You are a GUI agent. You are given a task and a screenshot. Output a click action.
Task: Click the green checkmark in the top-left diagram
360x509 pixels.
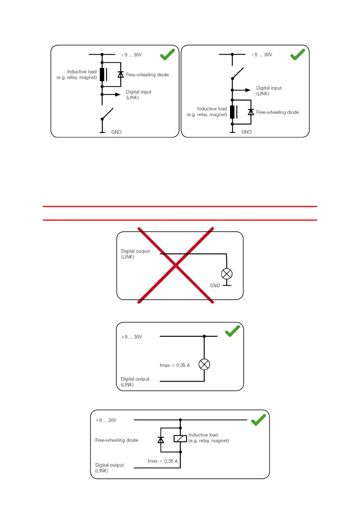(167, 55)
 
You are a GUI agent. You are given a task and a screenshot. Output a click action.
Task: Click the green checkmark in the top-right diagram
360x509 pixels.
(298, 55)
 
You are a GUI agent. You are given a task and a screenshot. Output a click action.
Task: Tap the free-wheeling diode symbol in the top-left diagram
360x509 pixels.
(121, 74)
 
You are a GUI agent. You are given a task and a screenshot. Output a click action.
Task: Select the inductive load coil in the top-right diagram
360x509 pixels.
(232, 112)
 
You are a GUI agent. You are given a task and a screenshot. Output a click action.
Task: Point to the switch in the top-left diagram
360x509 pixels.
(107, 114)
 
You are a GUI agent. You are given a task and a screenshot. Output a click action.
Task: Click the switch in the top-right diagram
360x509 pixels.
(238, 73)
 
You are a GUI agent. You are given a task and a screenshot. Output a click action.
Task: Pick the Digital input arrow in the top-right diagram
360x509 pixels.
(248, 90)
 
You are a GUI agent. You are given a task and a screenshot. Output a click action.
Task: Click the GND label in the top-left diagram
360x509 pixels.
(116, 132)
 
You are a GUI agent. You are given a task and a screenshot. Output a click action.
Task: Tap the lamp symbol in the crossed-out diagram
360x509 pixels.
(227, 274)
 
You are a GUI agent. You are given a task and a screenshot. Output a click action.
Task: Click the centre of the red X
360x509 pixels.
(176, 265)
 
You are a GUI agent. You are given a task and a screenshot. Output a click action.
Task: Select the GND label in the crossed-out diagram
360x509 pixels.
(215, 286)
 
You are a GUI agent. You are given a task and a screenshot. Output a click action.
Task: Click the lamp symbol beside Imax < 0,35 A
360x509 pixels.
(204, 364)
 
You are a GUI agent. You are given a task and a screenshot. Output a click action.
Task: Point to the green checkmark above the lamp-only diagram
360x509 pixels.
(232, 331)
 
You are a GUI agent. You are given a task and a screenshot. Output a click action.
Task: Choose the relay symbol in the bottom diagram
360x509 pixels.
(180, 439)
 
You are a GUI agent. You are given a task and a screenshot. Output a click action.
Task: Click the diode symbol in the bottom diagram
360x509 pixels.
(161, 440)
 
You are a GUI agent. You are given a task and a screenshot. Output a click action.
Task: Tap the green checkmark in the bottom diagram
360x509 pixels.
(258, 420)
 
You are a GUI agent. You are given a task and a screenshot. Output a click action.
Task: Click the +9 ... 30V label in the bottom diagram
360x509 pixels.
(106, 420)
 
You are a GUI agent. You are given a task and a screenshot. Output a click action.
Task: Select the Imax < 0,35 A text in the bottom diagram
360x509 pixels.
(163, 461)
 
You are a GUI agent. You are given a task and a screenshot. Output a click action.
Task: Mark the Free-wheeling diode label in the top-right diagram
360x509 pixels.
(277, 112)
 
